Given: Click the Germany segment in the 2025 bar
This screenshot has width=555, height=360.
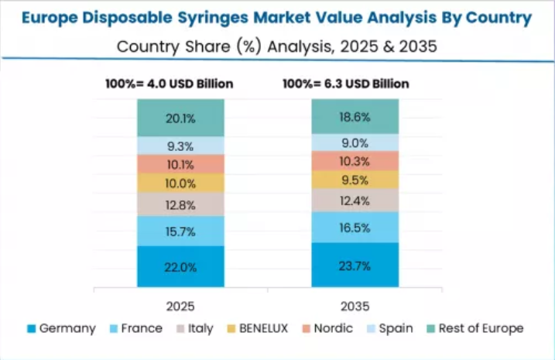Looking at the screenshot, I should pyautogui.click(x=180, y=267).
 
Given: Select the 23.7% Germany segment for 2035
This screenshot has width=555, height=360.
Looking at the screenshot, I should pyautogui.click(x=355, y=266).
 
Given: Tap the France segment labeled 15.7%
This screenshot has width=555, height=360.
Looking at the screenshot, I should pyautogui.click(x=180, y=231).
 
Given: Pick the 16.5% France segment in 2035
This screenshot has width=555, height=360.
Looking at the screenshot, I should pyautogui.click(x=355, y=228).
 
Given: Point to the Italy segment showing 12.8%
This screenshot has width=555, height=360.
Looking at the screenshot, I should pyautogui.click(x=180, y=204).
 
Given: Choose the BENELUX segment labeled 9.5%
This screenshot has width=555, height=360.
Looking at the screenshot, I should pyautogui.click(x=355, y=180).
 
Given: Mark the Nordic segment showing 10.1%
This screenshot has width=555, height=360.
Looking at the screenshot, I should pyautogui.click(x=180, y=164).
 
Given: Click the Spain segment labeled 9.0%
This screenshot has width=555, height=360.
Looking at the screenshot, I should pyautogui.click(x=355, y=142).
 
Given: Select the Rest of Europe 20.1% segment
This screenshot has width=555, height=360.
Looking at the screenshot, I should pyautogui.click(x=180, y=118).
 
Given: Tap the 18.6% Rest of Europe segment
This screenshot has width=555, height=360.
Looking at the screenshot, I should pyautogui.click(x=355, y=117).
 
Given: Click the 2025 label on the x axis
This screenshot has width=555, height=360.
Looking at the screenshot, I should pyautogui.click(x=180, y=306).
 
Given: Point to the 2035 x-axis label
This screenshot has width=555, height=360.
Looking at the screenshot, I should pyautogui.click(x=355, y=306).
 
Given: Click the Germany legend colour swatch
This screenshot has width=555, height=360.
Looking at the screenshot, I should pyautogui.click(x=31, y=329).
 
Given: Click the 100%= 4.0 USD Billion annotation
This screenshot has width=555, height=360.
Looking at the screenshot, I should pyautogui.click(x=169, y=84).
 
